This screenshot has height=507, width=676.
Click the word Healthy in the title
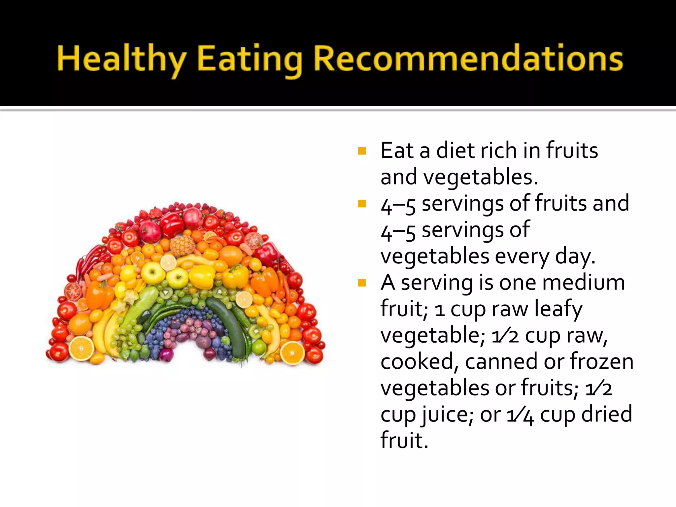tap(121, 59)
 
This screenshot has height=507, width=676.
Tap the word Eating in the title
tap(250, 59)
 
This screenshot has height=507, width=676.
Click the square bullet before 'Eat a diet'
tap(362, 151)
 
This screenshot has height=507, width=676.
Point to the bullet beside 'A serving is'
tap(362, 283)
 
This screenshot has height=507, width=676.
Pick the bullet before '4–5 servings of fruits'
tap(362, 204)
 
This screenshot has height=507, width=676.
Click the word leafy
tap(558, 310)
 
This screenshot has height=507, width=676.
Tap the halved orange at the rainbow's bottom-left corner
tap(81, 349)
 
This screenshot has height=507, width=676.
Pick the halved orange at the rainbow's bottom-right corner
tap(292, 353)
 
